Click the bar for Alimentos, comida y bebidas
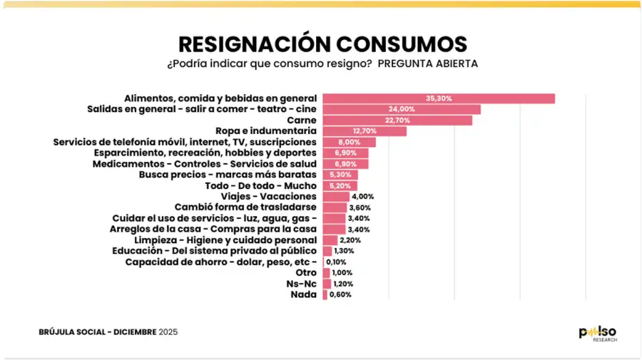point(438,98)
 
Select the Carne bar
point(397,120)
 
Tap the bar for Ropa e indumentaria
point(364,131)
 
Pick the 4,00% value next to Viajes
point(363,196)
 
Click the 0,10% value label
point(336,262)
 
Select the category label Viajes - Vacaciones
point(268,196)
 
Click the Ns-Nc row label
point(303,283)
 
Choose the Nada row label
point(303,294)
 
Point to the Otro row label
point(305,272)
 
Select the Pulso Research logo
point(597,333)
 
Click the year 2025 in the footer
point(168,331)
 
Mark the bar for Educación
point(327,251)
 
